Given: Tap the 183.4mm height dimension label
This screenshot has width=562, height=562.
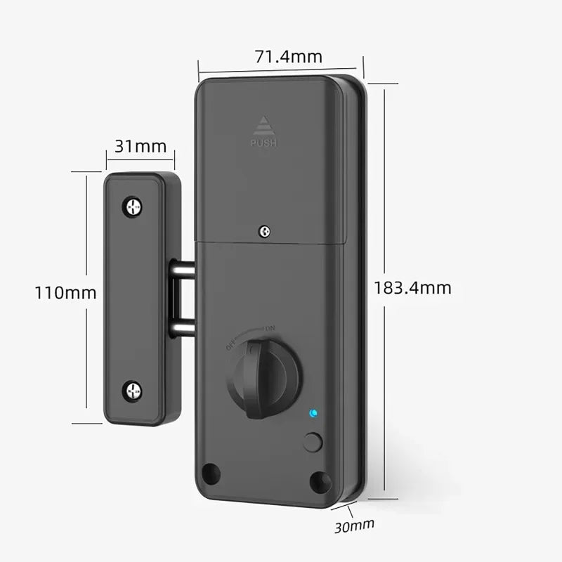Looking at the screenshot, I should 412,287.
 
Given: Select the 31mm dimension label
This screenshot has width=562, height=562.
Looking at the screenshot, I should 140,146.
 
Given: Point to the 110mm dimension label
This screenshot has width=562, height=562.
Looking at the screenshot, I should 65,292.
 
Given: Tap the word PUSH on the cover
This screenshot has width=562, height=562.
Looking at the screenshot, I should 264,143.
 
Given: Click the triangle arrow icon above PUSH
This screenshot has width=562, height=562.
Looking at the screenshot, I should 264,125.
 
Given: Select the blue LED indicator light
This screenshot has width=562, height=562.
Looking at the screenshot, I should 313,414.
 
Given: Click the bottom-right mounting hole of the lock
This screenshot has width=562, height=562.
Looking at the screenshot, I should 320,481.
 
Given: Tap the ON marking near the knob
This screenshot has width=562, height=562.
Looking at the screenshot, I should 270,328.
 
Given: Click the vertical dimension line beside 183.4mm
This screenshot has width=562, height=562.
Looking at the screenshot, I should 385,211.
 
